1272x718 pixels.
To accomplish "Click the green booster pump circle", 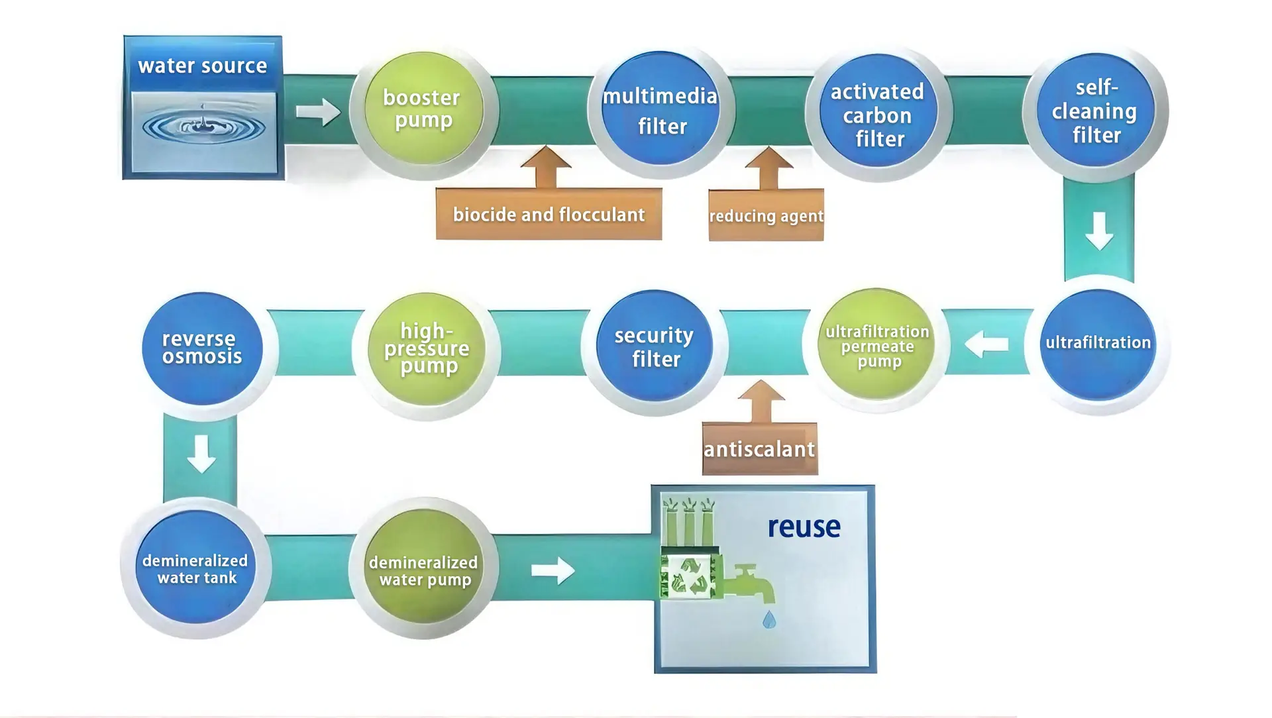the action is (423, 109).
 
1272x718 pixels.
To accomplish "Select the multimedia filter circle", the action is (661, 109).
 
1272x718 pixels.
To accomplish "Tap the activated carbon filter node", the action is (878, 110).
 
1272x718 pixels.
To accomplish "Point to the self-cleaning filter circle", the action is (1096, 110).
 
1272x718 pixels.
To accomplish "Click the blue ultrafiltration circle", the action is (1098, 344).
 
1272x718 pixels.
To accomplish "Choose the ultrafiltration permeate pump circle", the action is (876, 344).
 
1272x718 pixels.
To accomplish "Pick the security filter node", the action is (655, 346).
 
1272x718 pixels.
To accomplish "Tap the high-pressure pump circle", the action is (427, 349).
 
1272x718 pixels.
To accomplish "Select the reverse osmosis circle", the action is (202, 348).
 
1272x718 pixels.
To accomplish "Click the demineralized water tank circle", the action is (196, 567).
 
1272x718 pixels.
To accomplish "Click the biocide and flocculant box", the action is (549, 214).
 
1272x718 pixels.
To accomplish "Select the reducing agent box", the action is (766, 215).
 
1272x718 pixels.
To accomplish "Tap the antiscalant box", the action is (760, 448).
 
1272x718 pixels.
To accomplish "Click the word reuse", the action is (804, 527).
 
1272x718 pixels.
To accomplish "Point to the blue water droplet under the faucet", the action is (769, 619).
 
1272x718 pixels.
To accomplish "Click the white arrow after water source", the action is (318, 111).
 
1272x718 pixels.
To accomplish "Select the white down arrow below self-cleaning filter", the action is (1099, 231).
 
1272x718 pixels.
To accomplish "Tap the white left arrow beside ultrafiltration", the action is (986, 344).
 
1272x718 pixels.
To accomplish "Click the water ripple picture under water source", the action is (203, 132).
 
